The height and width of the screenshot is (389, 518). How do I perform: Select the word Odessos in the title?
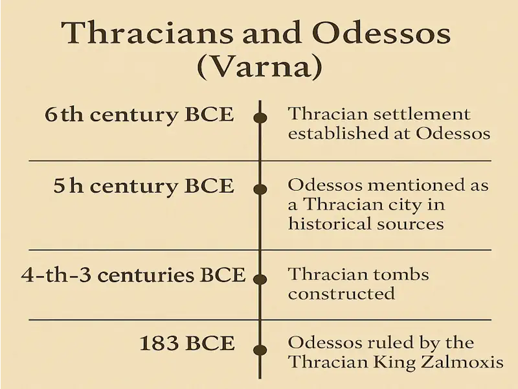[381, 33]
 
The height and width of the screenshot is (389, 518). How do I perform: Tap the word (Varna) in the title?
[260, 67]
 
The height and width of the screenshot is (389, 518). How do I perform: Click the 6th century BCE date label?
[139, 115]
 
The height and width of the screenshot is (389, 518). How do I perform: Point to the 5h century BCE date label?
[144, 186]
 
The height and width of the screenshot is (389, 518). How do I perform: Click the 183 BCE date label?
[187, 343]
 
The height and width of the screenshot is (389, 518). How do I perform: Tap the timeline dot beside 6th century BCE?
[260, 118]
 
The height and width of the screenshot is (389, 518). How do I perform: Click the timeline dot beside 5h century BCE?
[260, 189]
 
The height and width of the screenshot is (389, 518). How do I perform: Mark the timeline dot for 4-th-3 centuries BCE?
[260, 279]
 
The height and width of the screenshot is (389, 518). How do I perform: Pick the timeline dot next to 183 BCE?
[260, 350]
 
